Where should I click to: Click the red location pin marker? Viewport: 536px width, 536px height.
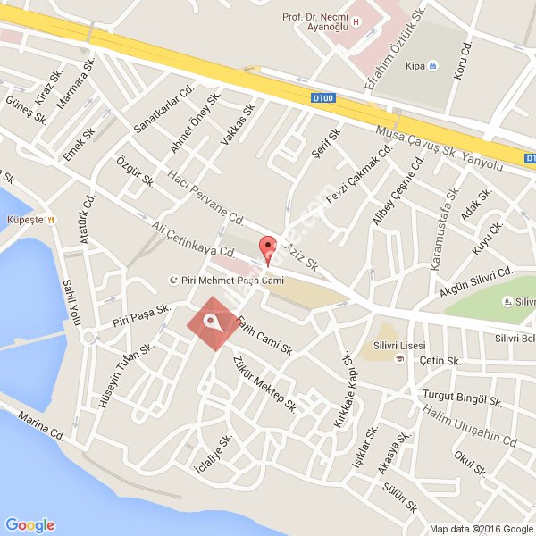[x=266, y=246]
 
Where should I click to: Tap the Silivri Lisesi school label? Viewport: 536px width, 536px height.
[x=398, y=346]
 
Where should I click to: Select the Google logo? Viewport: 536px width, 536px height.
[x=29, y=524]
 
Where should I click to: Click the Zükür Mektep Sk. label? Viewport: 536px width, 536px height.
[x=264, y=383]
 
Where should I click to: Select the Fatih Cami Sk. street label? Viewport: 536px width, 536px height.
[x=265, y=336]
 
